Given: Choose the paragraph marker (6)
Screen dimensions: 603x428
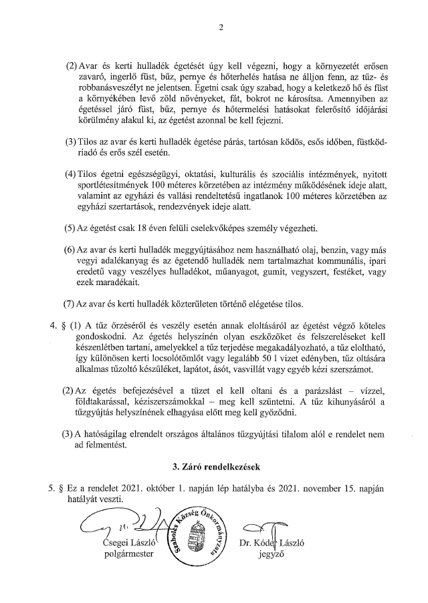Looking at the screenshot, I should tap(70, 249).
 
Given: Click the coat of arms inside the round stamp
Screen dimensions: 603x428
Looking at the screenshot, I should tap(197, 538).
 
